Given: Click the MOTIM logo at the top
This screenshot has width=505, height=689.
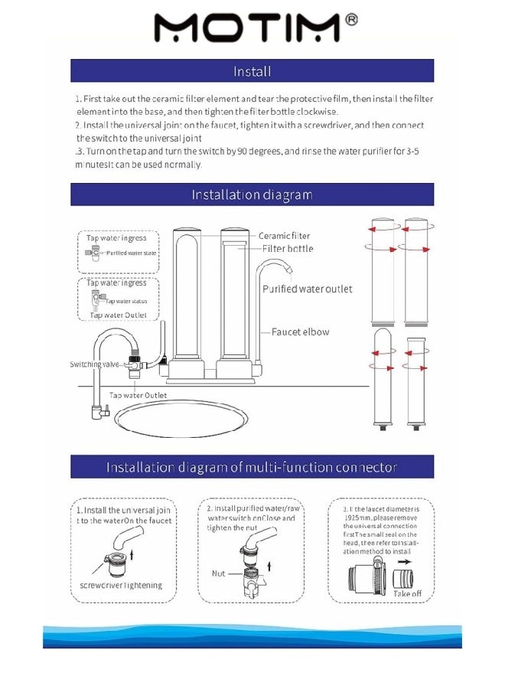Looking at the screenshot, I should point(246,28).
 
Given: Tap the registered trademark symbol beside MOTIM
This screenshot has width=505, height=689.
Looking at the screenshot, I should point(351,19).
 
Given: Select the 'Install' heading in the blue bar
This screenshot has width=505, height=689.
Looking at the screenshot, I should point(252,71).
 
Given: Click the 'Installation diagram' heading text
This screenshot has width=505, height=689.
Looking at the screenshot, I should point(252,194).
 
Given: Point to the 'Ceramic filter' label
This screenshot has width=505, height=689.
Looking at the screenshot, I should point(284,236).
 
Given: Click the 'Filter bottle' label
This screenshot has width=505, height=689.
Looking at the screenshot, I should point(288,249).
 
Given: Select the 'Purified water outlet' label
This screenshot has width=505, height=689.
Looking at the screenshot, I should point(307,289).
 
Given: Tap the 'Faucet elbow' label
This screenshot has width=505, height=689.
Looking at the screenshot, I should point(301,331).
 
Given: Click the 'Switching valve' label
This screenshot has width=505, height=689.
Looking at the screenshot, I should point(96,364).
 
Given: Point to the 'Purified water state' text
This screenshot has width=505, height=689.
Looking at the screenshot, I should point(131,253).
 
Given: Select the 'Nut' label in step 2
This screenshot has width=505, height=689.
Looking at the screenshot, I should point(218,573).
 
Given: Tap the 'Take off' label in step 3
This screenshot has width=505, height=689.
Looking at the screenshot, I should point(407,593).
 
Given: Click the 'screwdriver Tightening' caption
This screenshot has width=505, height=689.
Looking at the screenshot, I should point(121,586).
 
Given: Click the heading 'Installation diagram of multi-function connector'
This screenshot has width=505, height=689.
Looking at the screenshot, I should point(252,467).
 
